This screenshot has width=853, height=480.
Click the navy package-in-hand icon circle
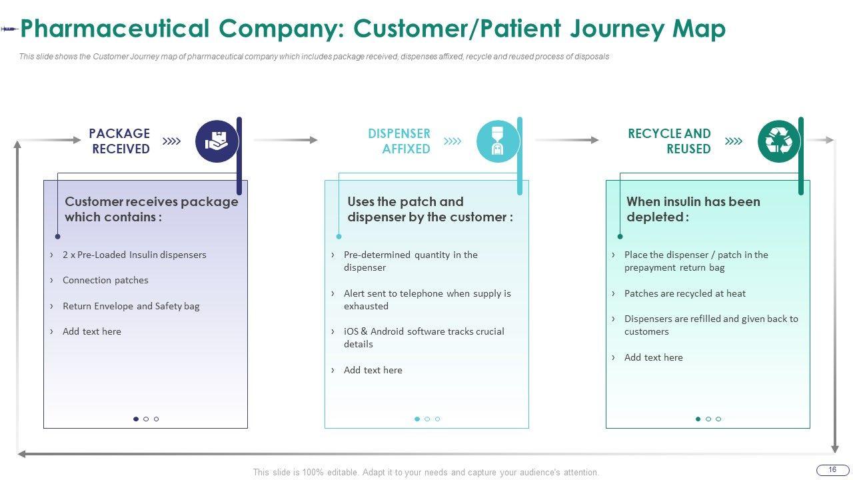[x=217, y=141]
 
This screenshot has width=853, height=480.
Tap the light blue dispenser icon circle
[x=498, y=141]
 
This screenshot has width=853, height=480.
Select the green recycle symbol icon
[x=779, y=141]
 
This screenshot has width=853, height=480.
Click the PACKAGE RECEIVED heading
[x=119, y=141]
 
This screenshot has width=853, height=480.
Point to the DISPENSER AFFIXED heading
[x=399, y=141]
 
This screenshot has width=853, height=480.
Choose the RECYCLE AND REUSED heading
[x=669, y=141]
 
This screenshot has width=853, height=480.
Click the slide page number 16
[x=832, y=470]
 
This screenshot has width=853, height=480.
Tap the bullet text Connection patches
[x=105, y=280]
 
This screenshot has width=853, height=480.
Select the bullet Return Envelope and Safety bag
[x=131, y=306]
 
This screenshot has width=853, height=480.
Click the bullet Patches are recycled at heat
[x=684, y=293]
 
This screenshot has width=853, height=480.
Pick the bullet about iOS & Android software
[x=424, y=337]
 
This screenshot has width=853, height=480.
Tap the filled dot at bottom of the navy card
[x=136, y=419]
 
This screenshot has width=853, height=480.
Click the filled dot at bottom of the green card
[x=698, y=419]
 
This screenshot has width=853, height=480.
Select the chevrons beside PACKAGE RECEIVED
[x=171, y=141]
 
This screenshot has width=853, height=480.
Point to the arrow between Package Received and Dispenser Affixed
[x=286, y=140]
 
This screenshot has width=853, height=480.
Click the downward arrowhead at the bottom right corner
[x=835, y=449]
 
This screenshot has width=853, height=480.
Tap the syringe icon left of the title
[x=9, y=29]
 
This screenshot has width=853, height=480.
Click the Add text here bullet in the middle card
[x=373, y=370]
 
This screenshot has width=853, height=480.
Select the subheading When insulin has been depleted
[x=693, y=209]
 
